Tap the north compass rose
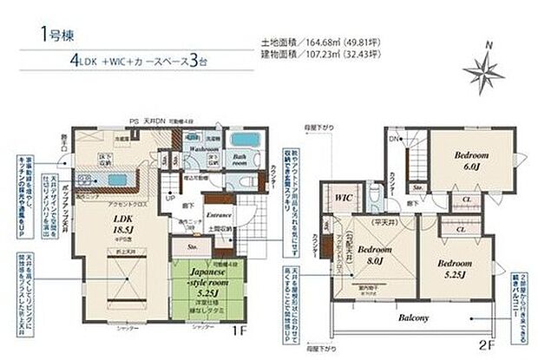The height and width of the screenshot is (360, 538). click(x=484, y=68)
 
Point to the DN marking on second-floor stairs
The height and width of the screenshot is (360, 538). click(x=393, y=139)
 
